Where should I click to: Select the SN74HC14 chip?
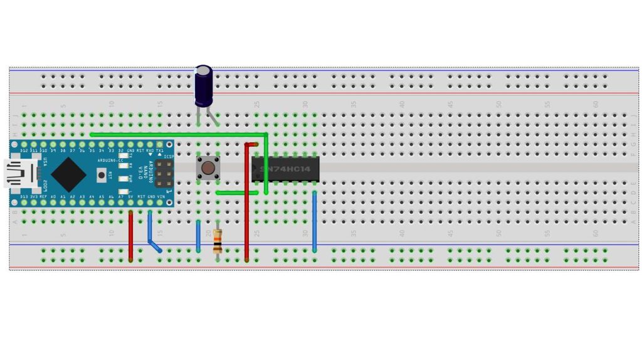pos(285,169)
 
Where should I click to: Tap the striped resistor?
pos(218,241)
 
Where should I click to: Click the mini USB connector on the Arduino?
pos(16,174)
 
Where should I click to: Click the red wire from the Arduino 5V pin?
pos(130,235)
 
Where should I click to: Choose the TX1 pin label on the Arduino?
pos(160,151)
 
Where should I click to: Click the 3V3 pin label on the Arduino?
pos(34,196)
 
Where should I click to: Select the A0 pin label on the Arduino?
pos(53,196)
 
